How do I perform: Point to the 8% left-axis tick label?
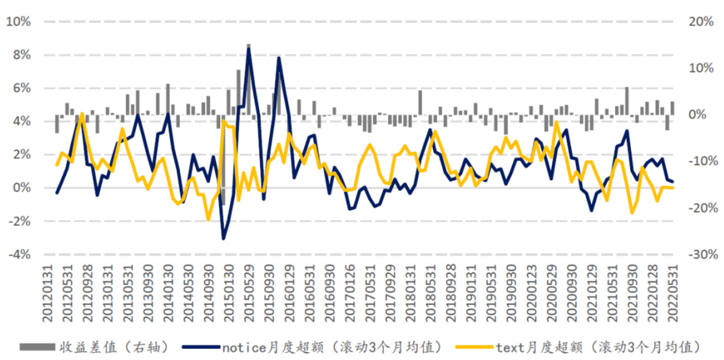(21, 55)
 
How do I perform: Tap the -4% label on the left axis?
(19, 255)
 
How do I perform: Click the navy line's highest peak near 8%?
(248, 49)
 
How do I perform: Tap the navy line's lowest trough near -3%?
(223, 238)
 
